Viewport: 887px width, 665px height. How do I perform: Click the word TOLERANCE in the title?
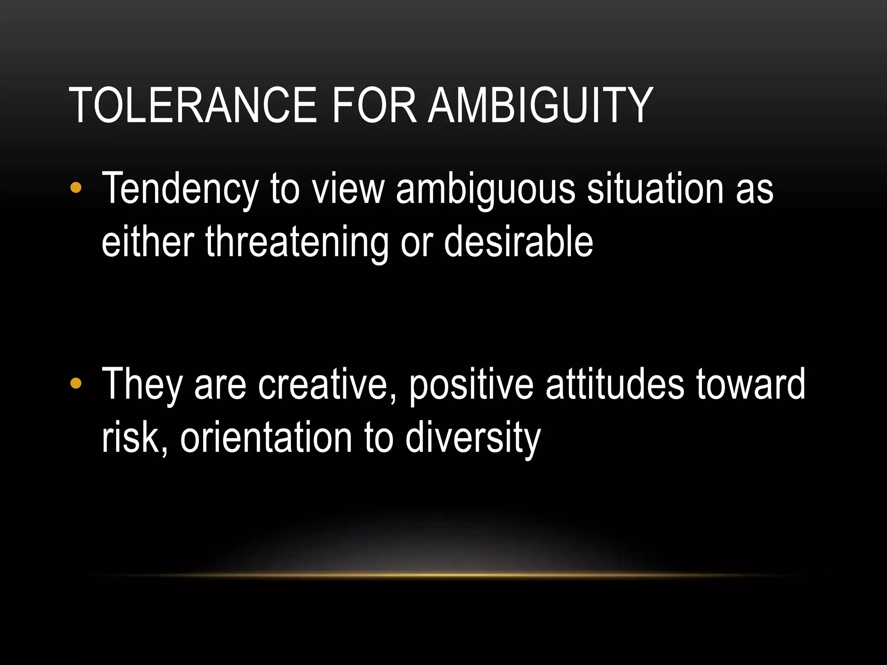(193, 105)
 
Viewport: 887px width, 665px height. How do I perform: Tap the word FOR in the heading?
(374, 105)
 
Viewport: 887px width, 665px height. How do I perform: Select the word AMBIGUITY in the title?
(541, 105)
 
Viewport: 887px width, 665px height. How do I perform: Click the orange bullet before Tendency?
(75, 188)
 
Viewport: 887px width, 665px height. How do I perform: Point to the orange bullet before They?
(75, 383)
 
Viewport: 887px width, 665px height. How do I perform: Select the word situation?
(655, 188)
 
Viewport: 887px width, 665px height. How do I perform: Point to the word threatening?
(297, 242)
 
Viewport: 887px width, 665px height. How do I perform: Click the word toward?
(751, 384)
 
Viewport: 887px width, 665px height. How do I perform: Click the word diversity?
(473, 438)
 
